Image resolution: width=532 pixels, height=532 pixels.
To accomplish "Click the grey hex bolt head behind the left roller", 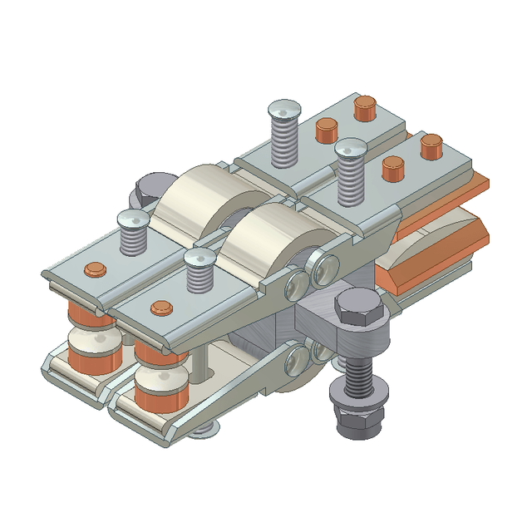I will tap(150, 190).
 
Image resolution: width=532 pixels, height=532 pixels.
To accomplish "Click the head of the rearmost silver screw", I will tap(284, 110).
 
